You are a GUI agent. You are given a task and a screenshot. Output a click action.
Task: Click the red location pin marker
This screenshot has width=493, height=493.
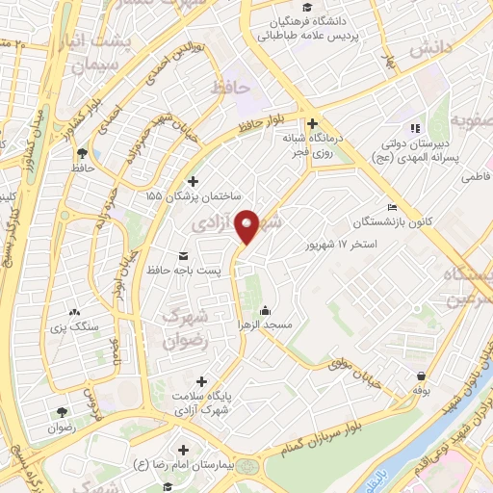point(247,226)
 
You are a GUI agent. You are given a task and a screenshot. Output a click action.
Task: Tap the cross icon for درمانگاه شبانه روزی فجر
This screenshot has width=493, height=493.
point(312,123)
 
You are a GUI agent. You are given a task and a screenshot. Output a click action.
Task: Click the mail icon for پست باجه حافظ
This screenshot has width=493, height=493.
point(183,256)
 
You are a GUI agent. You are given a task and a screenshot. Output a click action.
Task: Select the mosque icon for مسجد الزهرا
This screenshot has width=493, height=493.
point(265,311)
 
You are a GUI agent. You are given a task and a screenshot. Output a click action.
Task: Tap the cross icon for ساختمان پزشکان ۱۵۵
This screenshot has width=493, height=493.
point(193,181)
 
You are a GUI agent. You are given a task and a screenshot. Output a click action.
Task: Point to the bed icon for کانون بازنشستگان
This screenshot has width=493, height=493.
point(391,208)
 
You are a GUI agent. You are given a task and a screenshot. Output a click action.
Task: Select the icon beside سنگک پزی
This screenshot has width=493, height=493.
point(75,312)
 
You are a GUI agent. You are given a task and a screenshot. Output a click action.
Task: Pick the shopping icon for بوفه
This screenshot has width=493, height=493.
point(420,376)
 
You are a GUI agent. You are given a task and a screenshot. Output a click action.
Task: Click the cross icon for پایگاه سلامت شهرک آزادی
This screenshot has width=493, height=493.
point(200,381)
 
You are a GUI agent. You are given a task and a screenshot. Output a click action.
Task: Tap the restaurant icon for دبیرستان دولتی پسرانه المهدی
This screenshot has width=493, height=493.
point(415,127)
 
